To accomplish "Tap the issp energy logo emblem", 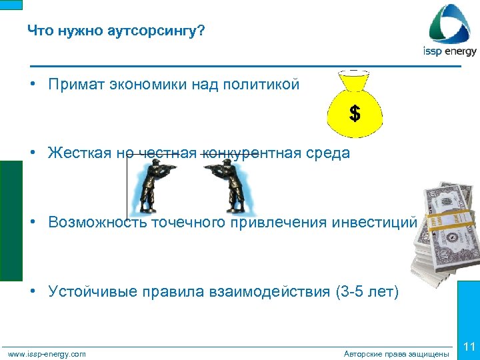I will point(451,25).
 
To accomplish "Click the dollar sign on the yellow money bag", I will point(355,114).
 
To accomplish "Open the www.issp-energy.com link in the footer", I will point(47,354).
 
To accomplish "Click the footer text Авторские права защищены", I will point(396,354).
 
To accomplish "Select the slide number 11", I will point(469,347).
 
